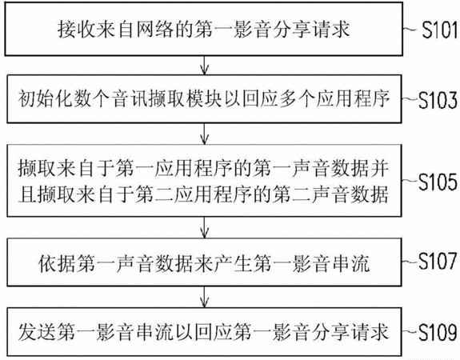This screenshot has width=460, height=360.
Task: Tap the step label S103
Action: pyautogui.click(x=438, y=100)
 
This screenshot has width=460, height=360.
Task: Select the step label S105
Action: pyautogui.click(x=438, y=182)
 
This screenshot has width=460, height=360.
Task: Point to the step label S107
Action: pyautogui.click(x=438, y=261)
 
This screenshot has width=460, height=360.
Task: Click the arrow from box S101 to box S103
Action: pyautogui.click(x=205, y=65)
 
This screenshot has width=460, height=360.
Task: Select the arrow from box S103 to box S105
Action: pyautogui.click(x=205, y=134)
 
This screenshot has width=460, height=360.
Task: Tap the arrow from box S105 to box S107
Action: pyautogui.click(x=205, y=227)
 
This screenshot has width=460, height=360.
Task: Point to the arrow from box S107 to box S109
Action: pyautogui.click(x=205, y=297)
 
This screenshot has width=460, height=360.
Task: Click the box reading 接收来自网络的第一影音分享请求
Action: pyautogui.click(x=203, y=29)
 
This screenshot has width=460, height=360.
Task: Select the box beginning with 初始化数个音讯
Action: pyautogui.click(x=204, y=99)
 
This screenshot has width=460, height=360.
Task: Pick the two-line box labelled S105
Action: pyautogui.click(x=204, y=181)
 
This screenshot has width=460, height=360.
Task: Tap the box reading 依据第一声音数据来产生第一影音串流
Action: pyautogui.click(x=204, y=262)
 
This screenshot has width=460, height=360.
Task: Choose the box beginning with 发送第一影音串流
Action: pyautogui.click(x=204, y=332)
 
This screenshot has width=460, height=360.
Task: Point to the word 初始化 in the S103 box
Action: pyautogui.click(x=47, y=99)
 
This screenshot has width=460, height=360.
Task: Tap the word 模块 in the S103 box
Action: pyautogui.click(x=203, y=99)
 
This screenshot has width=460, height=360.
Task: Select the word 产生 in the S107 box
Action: pyautogui.click(x=232, y=263)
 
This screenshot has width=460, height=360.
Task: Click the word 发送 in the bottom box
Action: pyautogui.click(x=38, y=332)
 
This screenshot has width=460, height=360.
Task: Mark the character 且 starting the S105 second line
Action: pyautogui.click(x=27, y=194)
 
